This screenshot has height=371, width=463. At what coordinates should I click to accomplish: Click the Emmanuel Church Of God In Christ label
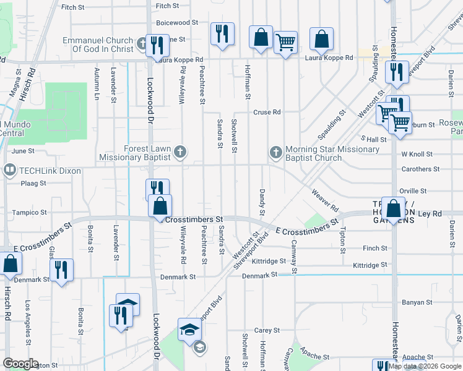point(98,45)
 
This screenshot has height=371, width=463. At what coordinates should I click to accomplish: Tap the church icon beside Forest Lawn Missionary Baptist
point(180,151)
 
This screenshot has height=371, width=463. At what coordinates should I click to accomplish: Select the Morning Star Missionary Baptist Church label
point(314,153)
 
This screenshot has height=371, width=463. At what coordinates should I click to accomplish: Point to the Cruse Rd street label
point(267,113)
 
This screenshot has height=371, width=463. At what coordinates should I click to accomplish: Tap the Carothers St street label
point(420,169)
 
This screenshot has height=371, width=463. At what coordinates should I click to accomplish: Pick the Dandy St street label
point(262,203)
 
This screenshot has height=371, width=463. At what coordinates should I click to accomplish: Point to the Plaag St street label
point(34,184)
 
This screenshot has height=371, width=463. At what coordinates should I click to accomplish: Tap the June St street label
point(23,151)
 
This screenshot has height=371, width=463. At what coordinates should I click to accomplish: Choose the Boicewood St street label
point(177,22)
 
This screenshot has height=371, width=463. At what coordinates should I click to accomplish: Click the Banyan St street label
point(417,302)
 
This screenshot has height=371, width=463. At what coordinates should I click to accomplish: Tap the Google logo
point(20,364)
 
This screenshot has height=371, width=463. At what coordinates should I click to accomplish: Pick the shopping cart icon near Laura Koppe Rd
point(285,43)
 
